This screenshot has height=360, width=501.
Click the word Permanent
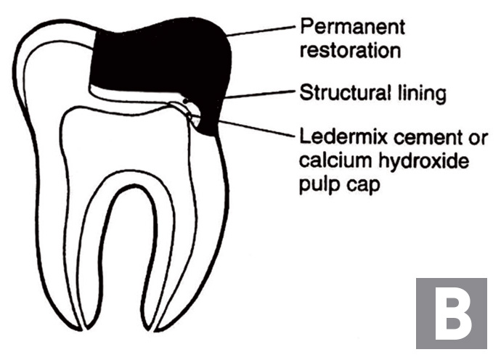click(353, 27)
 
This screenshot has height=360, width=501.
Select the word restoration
click(350, 51)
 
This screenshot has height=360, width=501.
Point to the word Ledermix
click(343, 136)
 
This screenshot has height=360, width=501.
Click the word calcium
click(336, 160)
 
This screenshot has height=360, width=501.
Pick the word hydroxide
click(424, 160)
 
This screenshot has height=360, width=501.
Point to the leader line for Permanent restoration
click(261, 31)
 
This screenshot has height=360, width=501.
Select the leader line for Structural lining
click(259, 94)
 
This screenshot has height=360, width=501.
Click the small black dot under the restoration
click(184, 101)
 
